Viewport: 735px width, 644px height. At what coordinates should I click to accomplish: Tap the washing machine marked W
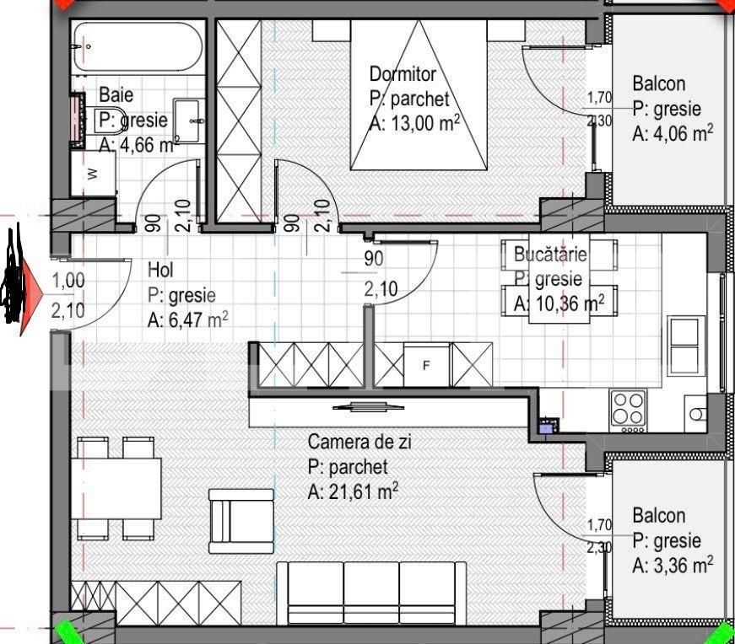[93, 175]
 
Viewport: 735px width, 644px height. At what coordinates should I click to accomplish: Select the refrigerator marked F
[426, 365]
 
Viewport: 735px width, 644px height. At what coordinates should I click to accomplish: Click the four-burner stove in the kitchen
[628, 408]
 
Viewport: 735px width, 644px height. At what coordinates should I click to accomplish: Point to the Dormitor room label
[403, 74]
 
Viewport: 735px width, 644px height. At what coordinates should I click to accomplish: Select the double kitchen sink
[684, 345]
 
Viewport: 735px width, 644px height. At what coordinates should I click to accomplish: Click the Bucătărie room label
[556, 254]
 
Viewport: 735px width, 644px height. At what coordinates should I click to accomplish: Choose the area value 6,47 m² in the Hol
[187, 319]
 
